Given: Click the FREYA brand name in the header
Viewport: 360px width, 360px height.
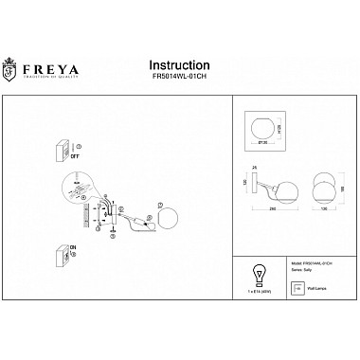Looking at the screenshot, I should pos(59,68).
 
